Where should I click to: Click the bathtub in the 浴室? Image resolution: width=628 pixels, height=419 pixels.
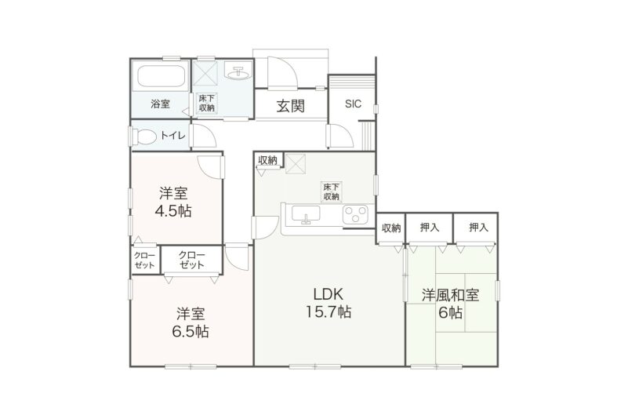coord(162,78)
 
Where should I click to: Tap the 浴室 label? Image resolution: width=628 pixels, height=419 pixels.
coord(160,103)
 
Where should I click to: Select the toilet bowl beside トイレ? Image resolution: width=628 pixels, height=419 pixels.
coord(144,136)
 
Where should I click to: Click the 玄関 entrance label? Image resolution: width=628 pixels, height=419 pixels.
coord(290,105)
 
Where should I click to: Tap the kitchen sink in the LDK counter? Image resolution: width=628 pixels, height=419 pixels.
coord(304,213)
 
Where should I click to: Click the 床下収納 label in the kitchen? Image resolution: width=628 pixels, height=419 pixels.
coord(330,191)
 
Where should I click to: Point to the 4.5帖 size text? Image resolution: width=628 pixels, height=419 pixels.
coord(172,210)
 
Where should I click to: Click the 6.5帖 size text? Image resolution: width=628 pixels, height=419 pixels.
coord(190,331)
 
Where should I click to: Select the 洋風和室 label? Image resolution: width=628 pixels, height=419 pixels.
coord(451,296)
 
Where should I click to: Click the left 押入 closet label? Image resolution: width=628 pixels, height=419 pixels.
coord(429,228)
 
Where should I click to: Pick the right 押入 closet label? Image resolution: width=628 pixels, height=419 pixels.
coord(478,228)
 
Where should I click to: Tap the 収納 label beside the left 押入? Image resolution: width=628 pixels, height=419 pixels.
coord(391,228)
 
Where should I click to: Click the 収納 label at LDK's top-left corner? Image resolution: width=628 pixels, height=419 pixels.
coord(267,160)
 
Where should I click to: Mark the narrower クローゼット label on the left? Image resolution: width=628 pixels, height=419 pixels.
coord(143,260)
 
